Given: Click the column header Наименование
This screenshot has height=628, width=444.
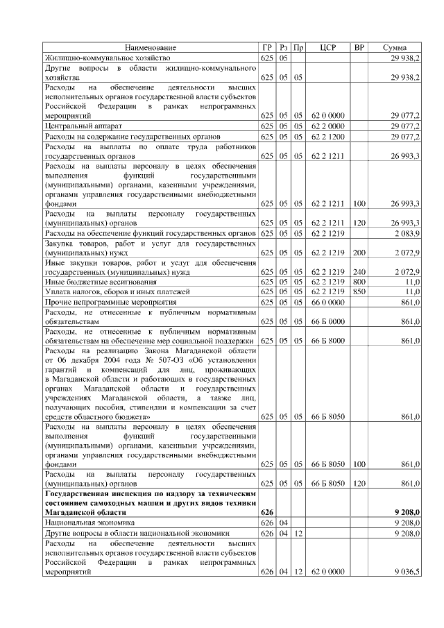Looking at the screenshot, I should click(x=151, y=47).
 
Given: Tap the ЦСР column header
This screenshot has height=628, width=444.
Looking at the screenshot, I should click(x=328, y=47).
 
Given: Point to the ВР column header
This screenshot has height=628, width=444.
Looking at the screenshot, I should click(x=359, y=47).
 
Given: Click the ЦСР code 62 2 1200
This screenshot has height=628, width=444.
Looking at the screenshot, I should click(x=328, y=137).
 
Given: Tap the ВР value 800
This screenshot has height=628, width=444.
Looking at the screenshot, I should click(x=359, y=282).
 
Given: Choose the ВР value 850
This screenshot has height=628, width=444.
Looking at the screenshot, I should click(x=359, y=292).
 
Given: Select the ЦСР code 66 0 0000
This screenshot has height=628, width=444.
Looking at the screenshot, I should click(x=328, y=303).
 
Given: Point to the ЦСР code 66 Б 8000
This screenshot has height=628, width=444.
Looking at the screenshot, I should click(x=328, y=341).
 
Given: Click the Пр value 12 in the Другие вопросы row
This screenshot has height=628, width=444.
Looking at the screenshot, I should click(x=298, y=533).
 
